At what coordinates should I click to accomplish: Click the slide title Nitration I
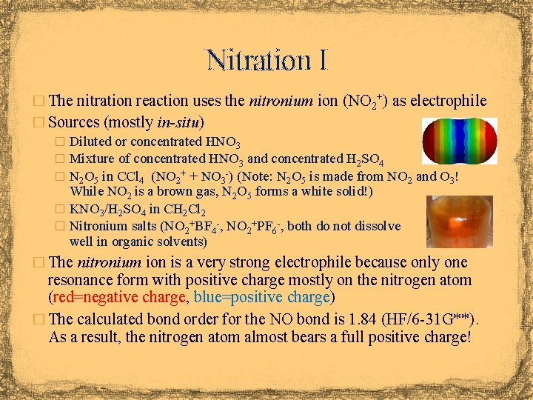(x=266, y=59)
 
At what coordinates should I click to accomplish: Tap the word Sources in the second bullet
(x=75, y=121)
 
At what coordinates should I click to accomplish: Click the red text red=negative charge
(x=117, y=298)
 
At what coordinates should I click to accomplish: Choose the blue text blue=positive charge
(x=261, y=298)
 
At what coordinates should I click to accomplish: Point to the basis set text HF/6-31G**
(x=430, y=320)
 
